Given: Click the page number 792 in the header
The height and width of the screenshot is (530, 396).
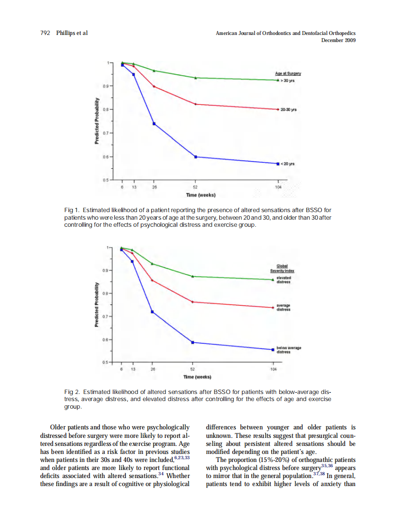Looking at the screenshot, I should (x=46, y=33).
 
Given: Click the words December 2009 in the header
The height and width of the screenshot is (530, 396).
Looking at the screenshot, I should (x=338, y=40).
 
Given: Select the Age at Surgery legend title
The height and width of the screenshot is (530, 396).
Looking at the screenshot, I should (x=288, y=74).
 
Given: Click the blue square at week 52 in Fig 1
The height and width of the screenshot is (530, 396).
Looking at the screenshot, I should (x=196, y=157).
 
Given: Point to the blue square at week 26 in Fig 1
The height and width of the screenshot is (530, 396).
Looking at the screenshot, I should (x=154, y=124).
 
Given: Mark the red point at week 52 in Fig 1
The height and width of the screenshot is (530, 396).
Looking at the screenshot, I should (x=196, y=104).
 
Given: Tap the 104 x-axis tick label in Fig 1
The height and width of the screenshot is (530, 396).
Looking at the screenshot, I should (x=278, y=187).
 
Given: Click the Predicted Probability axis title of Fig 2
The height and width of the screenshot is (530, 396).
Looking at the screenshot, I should (x=96, y=305).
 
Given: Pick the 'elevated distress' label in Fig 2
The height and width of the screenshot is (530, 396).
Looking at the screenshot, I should (x=284, y=280).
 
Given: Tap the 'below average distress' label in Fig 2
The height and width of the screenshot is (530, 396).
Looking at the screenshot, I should (x=289, y=350).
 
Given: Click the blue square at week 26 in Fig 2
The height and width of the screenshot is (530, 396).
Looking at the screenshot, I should (x=152, y=312).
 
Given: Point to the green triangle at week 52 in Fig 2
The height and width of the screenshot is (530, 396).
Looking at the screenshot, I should (x=193, y=276).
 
